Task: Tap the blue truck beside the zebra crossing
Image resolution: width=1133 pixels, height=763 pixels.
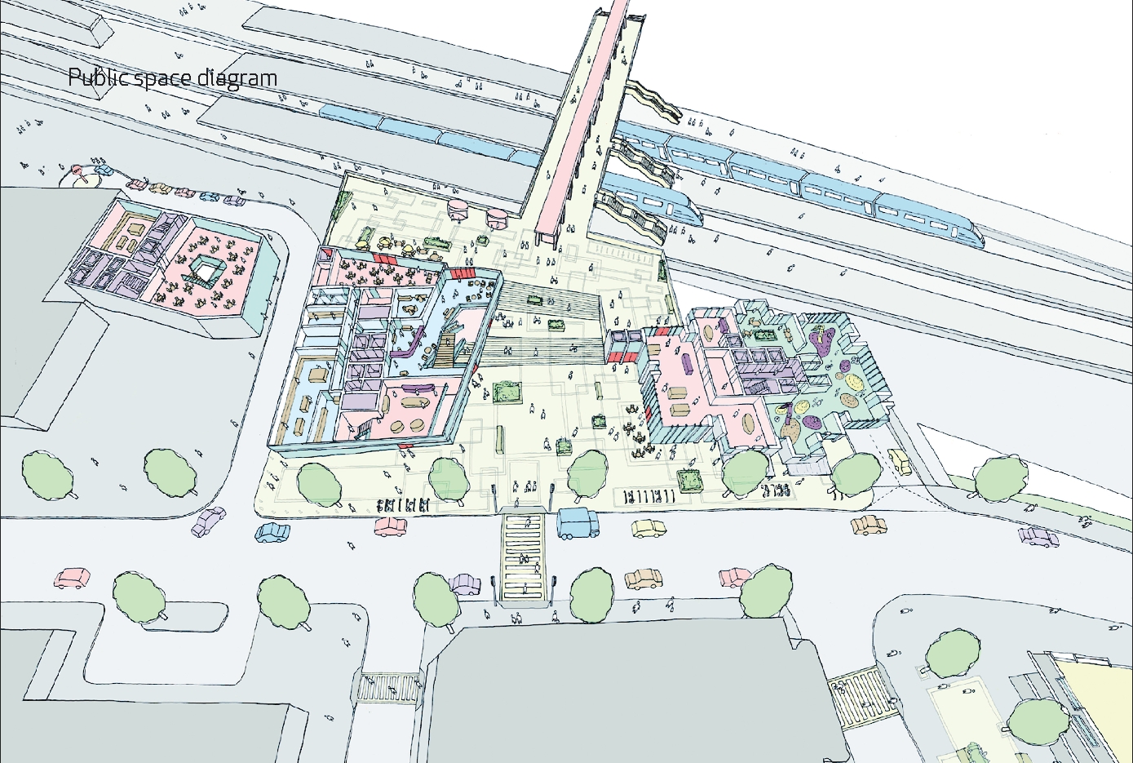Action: [x=578, y=522]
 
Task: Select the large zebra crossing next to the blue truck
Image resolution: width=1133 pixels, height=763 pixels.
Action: [x=524, y=560]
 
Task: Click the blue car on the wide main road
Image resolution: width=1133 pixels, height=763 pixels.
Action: [x=272, y=532]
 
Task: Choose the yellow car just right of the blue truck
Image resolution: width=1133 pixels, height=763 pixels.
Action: [x=649, y=530]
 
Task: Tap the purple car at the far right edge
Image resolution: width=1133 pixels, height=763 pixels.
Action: [x=1039, y=537]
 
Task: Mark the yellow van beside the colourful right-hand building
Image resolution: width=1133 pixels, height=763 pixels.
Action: [x=900, y=461]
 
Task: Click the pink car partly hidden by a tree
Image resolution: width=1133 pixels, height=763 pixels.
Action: [x=735, y=577]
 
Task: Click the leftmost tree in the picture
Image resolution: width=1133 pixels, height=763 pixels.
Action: [x=46, y=472]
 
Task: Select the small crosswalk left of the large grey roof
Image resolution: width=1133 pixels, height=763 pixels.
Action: [x=387, y=687]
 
